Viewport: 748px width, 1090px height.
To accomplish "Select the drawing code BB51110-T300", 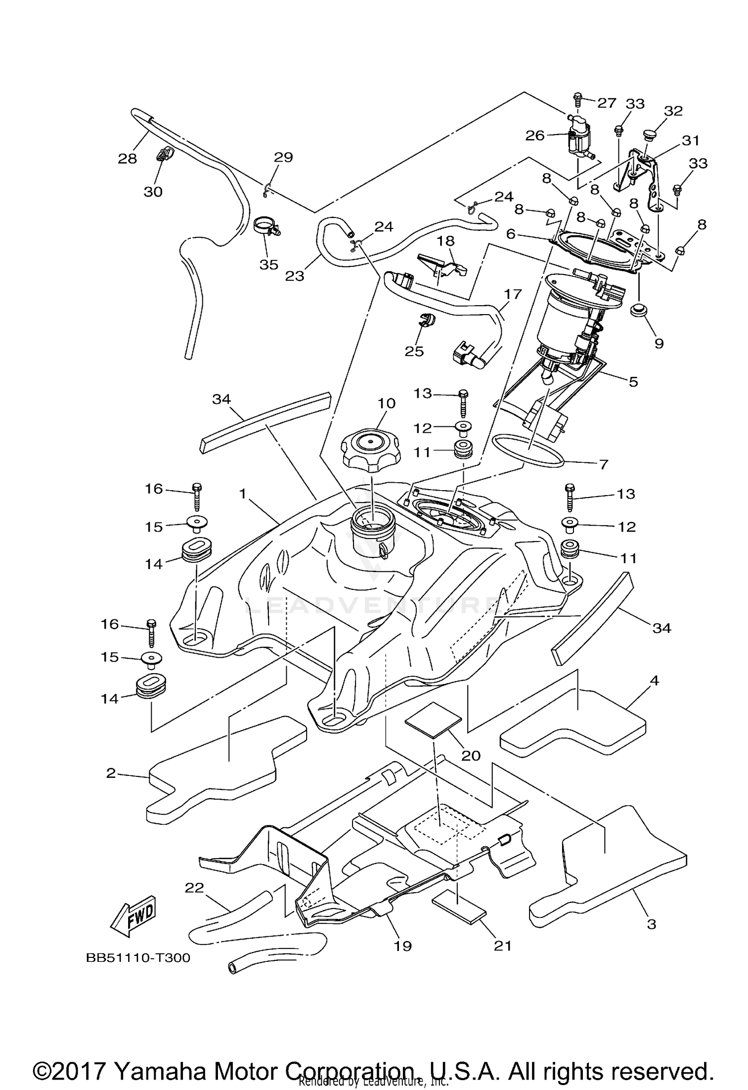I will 138,958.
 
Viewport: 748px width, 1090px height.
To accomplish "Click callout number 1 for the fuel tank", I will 243,494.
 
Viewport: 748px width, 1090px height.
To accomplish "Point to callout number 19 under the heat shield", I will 403,945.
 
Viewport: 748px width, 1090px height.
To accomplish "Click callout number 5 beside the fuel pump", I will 633,381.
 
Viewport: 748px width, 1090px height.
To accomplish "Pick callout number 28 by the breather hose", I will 127,158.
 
